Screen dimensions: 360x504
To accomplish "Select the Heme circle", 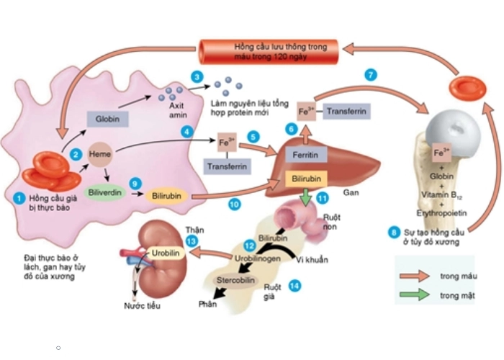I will (x=98, y=154).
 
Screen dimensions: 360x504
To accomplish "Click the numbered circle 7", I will (x=371, y=75).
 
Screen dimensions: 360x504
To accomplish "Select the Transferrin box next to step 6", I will (x=347, y=112).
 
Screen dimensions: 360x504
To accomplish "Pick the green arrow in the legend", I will (x=415, y=294).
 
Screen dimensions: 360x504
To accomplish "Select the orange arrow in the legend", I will (x=415, y=276).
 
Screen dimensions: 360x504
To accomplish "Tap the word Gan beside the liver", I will (x=352, y=194).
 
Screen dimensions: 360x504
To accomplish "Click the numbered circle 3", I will (x=196, y=76).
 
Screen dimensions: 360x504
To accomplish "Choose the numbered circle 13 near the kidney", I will (x=191, y=240).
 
